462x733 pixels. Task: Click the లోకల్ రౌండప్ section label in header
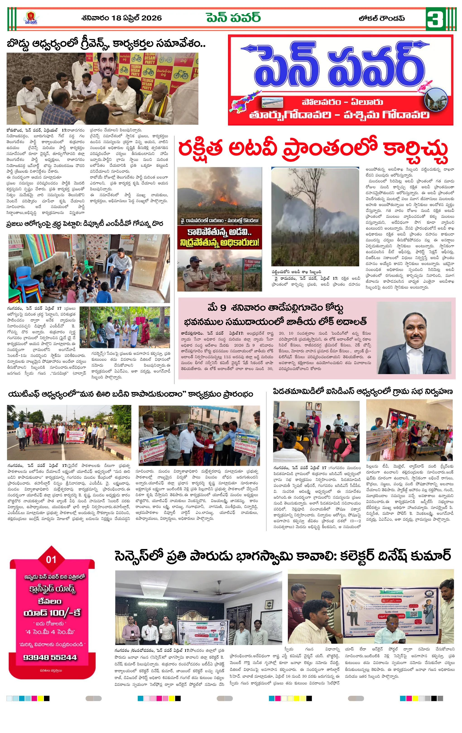click(381, 18)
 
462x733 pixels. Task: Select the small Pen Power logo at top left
click(31, 18)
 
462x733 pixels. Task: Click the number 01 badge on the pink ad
click(51, 559)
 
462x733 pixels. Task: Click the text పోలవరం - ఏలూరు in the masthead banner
click(342, 102)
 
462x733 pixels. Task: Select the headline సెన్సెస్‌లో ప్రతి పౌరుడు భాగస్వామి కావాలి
click(282, 556)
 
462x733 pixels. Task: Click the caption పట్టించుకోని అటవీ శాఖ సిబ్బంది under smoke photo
click(296, 272)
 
